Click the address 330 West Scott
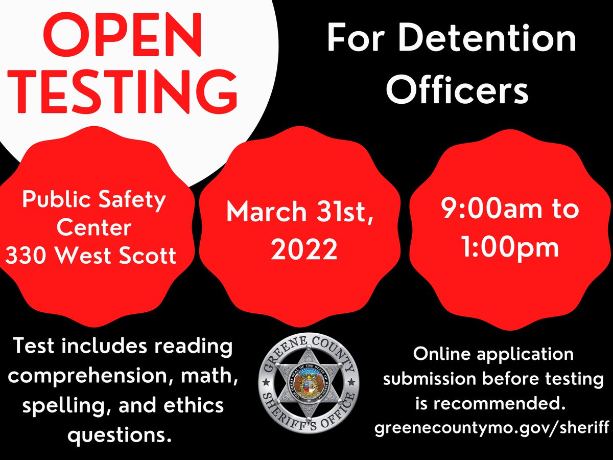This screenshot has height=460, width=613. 91,255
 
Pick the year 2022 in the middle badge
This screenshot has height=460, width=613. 304,249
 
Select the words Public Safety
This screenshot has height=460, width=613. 93,200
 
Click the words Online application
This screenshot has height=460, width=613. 493,354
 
